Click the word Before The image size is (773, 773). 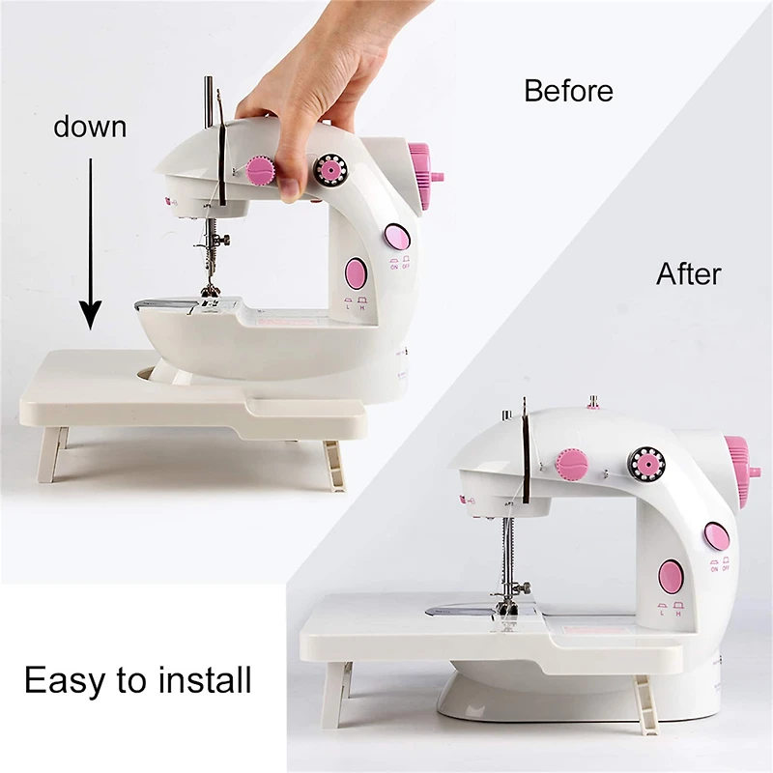pos(568,91)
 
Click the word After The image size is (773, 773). pos(688,273)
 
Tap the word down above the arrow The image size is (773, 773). pos(90,127)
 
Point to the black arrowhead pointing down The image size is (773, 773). pos(90,315)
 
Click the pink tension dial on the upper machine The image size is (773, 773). pos(260,171)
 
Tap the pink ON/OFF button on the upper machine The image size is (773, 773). pos(396,237)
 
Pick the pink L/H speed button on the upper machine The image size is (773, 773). pos(355,273)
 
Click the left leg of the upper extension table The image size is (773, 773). pos(51,454)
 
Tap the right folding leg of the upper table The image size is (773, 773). pos(331,464)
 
